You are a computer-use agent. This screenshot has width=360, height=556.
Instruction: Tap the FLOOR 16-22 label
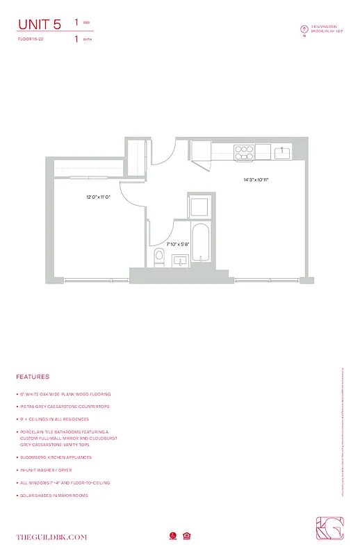pyautogui.click(x=32, y=40)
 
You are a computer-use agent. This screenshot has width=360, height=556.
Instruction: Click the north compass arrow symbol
pyautogui.click(x=304, y=29)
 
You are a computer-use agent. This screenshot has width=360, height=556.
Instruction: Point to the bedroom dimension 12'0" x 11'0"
pyautogui.click(x=99, y=197)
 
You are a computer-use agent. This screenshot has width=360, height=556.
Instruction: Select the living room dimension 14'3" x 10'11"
pyautogui.click(x=256, y=179)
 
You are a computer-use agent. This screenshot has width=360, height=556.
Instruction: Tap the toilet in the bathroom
pyautogui.click(x=159, y=256)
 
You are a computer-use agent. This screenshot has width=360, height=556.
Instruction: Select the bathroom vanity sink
pyautogui.click(x=179, y=261)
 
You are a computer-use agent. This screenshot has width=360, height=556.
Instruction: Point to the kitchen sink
pyautogui.click(x=281, y=151)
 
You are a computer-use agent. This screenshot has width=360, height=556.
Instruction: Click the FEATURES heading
pyautogui.click(x=33, y=377)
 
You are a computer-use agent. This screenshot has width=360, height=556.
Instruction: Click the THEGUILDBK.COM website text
pyautogui.click(x=52, y=537)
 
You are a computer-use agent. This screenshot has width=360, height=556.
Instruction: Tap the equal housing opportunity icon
pyautogui.click(x=187, y=536)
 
